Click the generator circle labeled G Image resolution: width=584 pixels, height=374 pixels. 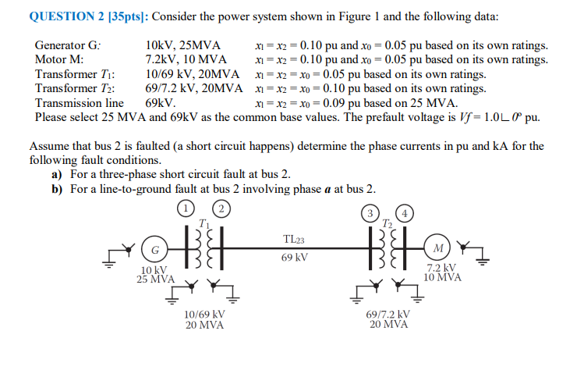(156, 251)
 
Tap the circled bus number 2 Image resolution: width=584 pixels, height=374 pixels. (221, 208)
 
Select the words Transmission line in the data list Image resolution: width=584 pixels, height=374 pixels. (80, 102)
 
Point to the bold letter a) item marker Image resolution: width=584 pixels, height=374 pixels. (56, 174)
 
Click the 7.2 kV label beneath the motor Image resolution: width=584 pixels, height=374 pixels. (442, 268)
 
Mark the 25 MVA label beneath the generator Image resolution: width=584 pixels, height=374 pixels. (155, 279)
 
